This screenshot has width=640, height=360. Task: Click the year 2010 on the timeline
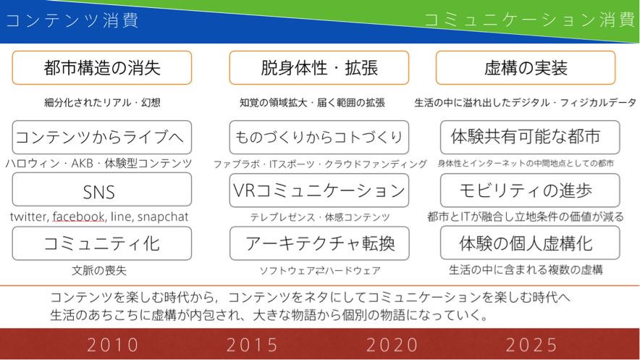(x=113, y=345)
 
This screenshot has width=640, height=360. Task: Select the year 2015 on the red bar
(x=252, y=345)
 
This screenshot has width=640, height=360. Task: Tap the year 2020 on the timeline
(x=392, y=345)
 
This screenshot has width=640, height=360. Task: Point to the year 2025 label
(x=531, y=345)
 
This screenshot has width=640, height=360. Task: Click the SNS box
(x=101, y=189)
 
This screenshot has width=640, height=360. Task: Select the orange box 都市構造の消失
(x=101, y=68)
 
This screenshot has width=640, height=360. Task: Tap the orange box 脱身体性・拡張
(x=319, y=68)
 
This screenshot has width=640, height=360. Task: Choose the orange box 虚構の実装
(x=526, y=68)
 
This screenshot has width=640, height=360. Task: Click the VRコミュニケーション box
(x=319, y=191)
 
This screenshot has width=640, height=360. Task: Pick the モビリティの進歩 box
(x=530, y=191)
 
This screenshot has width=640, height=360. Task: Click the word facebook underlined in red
(x=78, y=217)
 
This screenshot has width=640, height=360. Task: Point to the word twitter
(x=30, y=217)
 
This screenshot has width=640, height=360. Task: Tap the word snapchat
(x=163, y=217)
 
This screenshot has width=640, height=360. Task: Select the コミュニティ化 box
(x=101, y=243)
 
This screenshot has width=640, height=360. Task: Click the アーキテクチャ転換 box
(x=319, y=243)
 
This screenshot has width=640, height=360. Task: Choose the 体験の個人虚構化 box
(x=530, y=243)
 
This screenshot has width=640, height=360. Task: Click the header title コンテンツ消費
(x=72, y=20)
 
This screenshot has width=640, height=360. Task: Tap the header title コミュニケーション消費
(x=529, y=20)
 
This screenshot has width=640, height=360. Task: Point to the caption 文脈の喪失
(x=99, y=270)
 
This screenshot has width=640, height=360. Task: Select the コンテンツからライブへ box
(x=101, y=137)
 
